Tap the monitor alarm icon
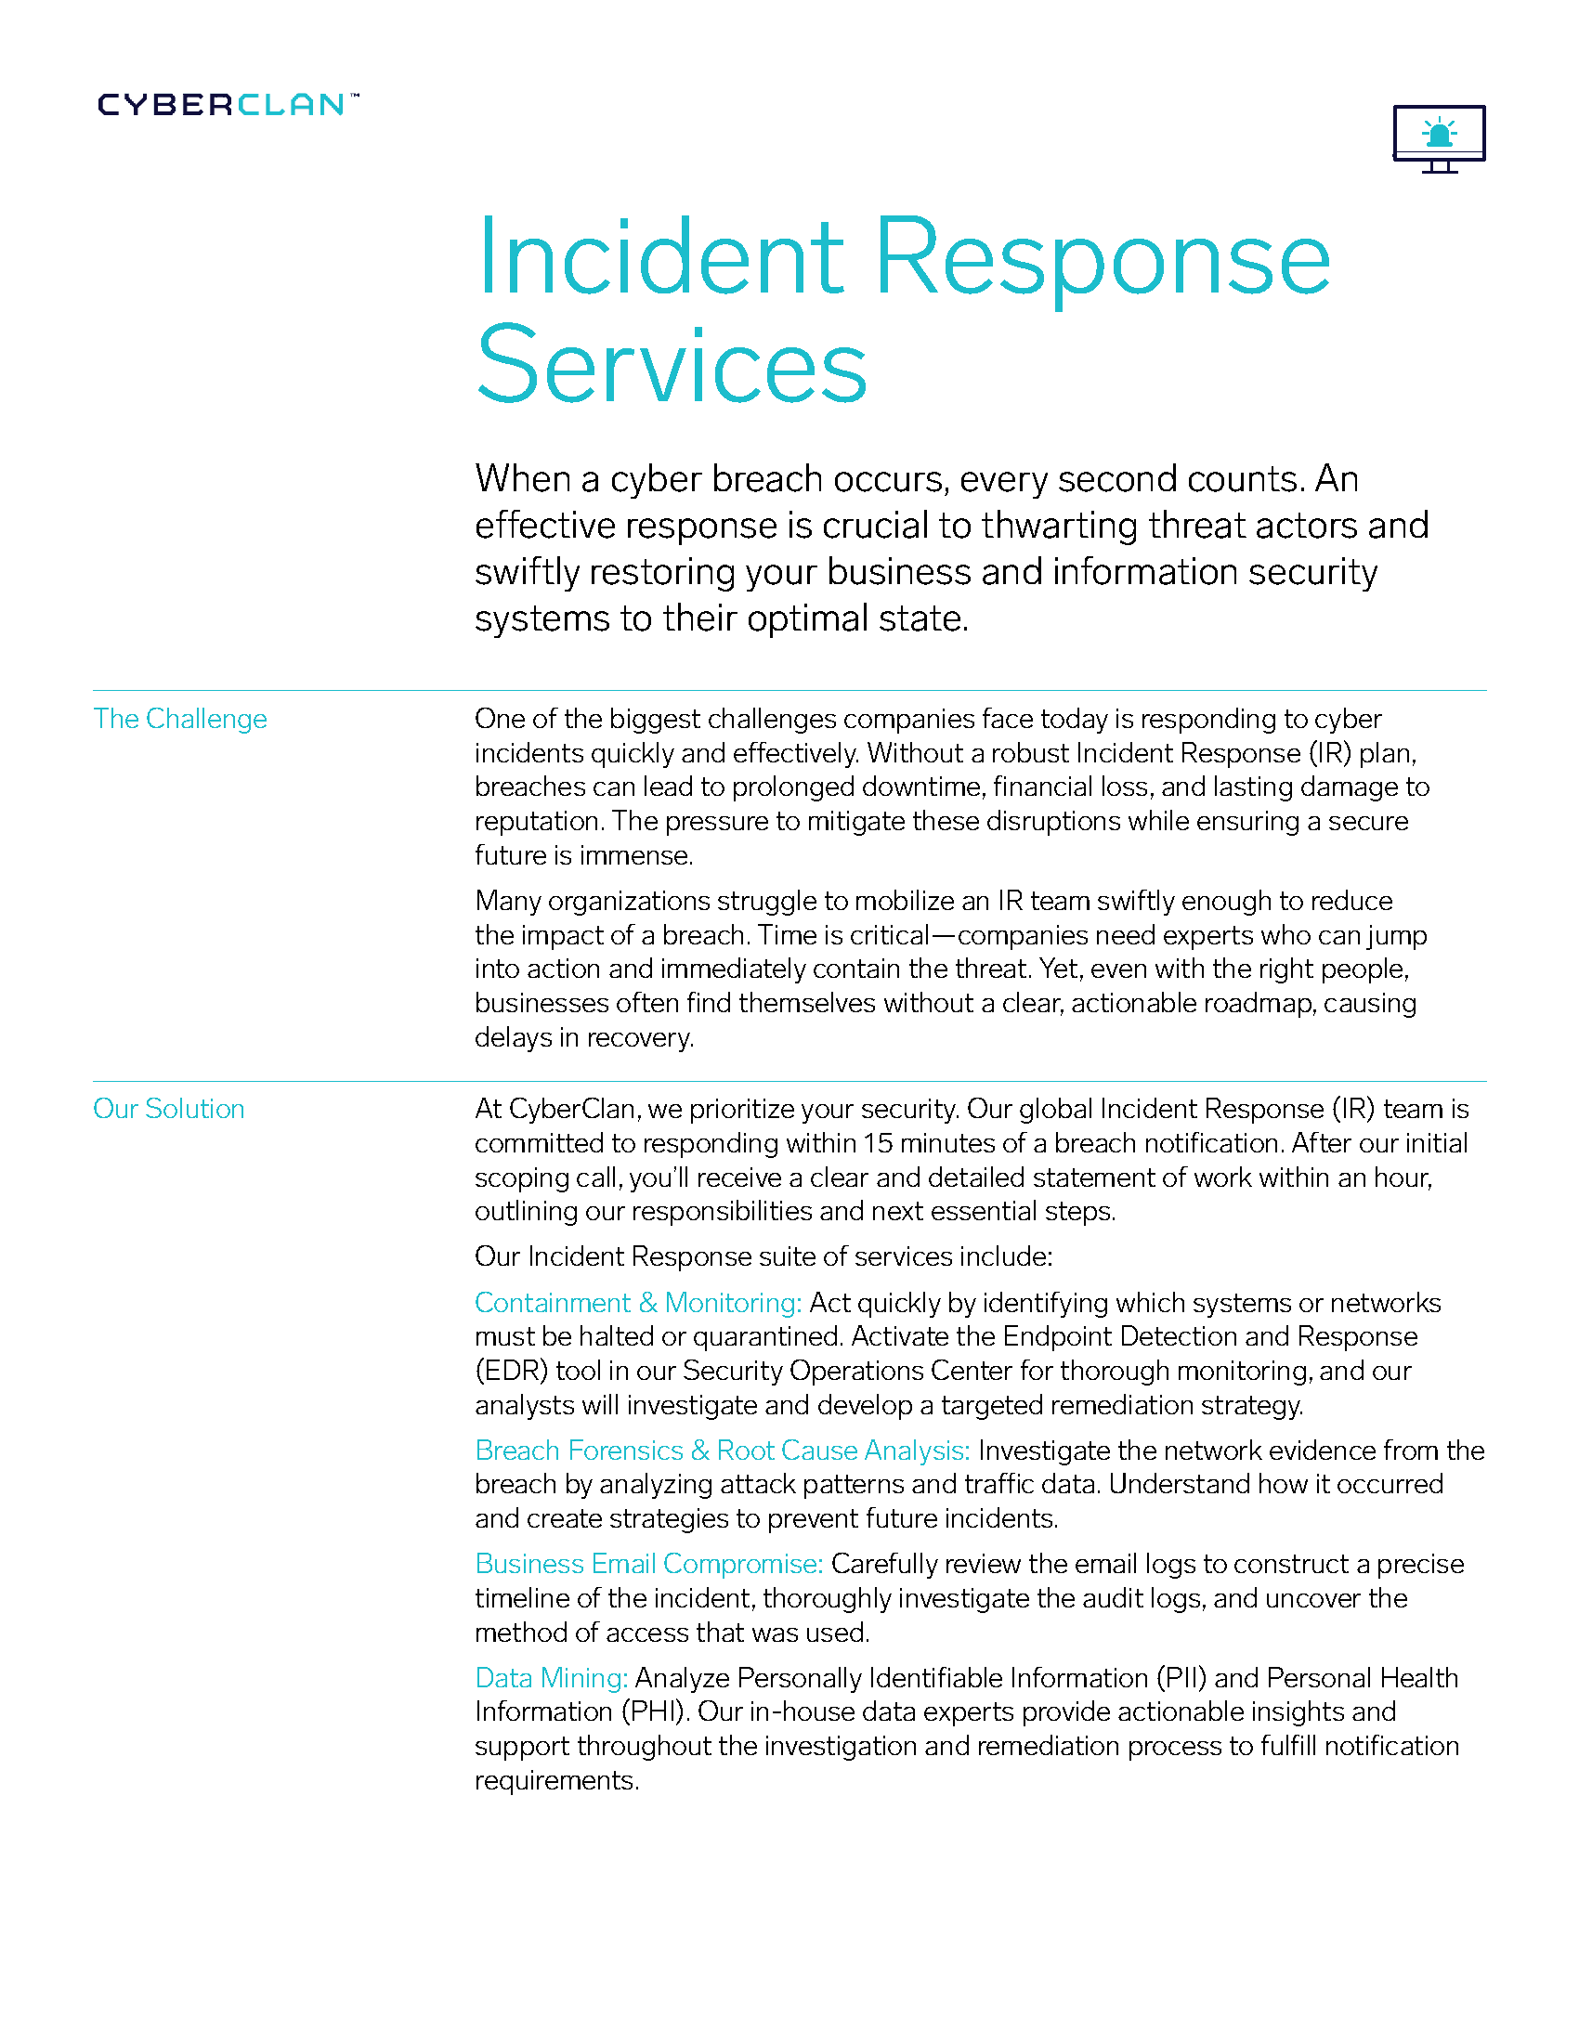point(1438,137)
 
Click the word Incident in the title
point(659,257)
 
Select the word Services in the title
point(671,364)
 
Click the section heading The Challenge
point(179,719)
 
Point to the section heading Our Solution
point(168,1109)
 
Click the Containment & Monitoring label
point(637,1302)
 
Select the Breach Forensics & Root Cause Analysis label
point(721,1450)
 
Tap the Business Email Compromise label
point(648,1563)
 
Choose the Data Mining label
point(550,1677)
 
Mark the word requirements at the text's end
point(555,1780)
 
